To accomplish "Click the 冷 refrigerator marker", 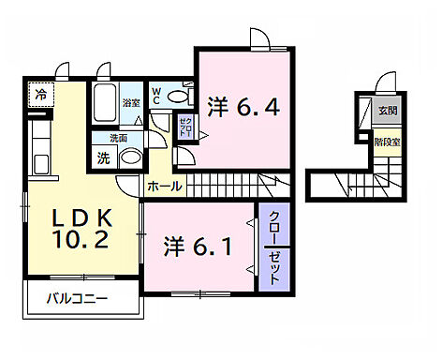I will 40,94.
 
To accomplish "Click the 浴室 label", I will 131,103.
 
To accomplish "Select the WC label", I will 156,95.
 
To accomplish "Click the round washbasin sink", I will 130,157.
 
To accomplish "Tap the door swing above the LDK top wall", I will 62,70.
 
